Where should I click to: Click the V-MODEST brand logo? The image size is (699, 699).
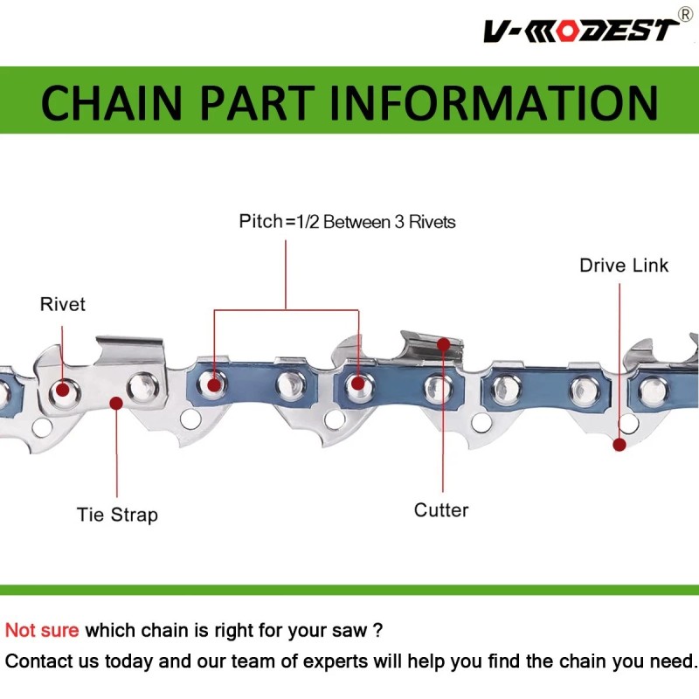[x=581, y=30]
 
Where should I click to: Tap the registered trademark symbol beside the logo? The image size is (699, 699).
[x=685, y=14]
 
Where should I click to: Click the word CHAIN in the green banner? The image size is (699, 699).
[x=112, y=102]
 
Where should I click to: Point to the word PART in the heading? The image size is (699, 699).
[x=258, y=102]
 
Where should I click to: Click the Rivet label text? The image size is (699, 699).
[x=62, y=304]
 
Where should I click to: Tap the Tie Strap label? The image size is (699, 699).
[x=117, y=515]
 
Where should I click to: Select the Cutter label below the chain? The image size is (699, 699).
[x=441, y=510]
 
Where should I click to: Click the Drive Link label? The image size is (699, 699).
[x=624, y=266]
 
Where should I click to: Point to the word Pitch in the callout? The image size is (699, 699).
[x=260, y=221]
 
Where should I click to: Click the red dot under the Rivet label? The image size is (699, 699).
[x=62, y=390]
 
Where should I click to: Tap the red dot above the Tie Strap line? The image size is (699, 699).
[x=116, y=404]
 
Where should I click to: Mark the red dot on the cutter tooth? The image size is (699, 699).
[x=443, y=344]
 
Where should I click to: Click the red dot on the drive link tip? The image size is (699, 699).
[x=619, y=445]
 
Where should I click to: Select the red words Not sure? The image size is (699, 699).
[x=42, y=630]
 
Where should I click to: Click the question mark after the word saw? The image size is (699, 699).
[x=377, y=630]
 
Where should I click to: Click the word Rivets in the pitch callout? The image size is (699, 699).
[x=433, y=222]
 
